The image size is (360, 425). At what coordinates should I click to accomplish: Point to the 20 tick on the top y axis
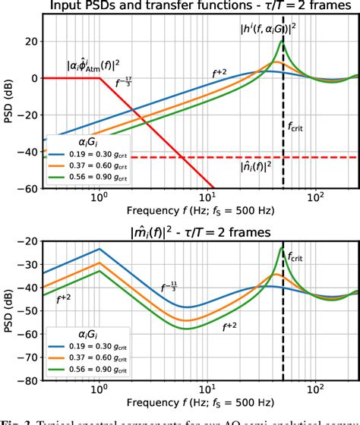pyautogui.click(x=29, y=42)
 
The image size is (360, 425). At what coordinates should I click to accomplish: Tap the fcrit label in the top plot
pyautogui.click(x=296, y=126)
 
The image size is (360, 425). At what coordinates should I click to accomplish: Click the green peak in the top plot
pyautogui.click(x=283, y=42)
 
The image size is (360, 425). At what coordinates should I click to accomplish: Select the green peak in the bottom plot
pyautogui.click(x=282, y=248)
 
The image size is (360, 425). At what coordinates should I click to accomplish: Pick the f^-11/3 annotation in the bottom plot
pyautogui.click(x=170, y=287)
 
